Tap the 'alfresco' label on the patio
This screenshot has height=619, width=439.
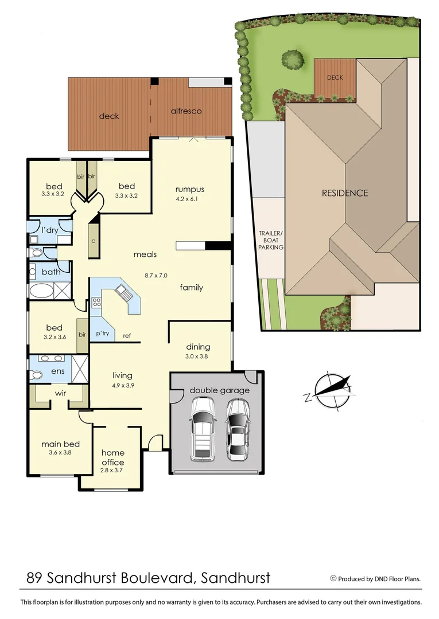click(186, 111)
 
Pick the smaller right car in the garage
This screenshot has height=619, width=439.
click(238, 429)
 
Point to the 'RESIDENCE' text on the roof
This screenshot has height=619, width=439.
click(344, 193)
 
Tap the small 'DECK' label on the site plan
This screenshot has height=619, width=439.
click(335, 77)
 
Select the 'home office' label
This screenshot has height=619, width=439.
click(112, 457)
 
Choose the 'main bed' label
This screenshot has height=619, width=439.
click(60, 444)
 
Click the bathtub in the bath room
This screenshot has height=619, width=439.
click(41, 290)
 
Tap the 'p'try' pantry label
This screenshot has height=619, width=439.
click(103, 333)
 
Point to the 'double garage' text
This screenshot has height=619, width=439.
click(220, 390)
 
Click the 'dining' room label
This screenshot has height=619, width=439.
click(198, 347)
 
